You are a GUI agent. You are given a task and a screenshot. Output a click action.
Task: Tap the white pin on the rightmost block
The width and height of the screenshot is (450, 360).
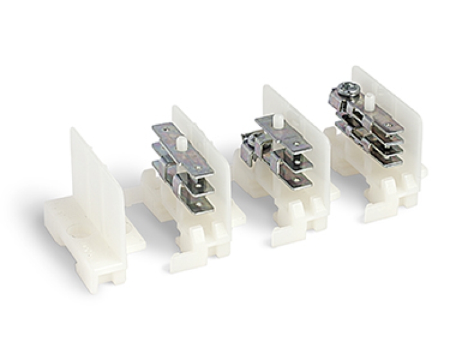(x=370, y=100)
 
